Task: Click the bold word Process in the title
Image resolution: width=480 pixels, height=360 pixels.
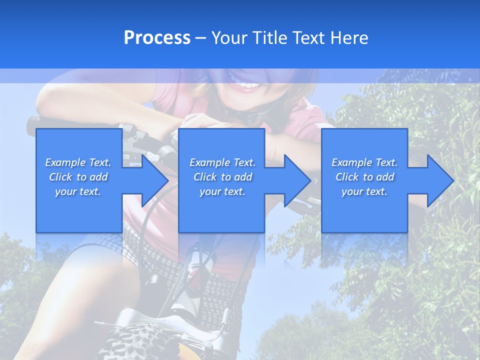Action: [157, 38]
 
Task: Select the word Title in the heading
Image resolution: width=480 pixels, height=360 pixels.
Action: [268, 38]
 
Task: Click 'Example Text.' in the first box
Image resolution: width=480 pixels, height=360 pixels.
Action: [78, 162]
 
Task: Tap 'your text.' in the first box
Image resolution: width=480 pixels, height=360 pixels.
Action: [78, 191]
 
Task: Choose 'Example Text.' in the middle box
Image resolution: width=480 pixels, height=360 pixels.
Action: [222, 162]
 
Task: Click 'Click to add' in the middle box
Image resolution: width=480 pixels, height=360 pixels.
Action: [222, 177]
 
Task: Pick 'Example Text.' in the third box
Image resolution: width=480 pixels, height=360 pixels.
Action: [364, 162]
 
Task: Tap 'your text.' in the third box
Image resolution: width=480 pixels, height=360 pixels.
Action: [364, 191]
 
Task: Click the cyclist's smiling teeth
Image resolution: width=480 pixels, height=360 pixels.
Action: [246, 86]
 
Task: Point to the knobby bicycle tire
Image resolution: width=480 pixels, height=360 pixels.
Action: [142, 340]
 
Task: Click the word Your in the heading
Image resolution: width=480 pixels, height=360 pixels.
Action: [230, 38]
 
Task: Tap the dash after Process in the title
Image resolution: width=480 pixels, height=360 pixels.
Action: [200, 38]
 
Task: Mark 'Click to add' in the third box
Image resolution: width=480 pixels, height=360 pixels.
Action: [364, 177]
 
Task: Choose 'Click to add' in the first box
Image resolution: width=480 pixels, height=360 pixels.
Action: [78, 177]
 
